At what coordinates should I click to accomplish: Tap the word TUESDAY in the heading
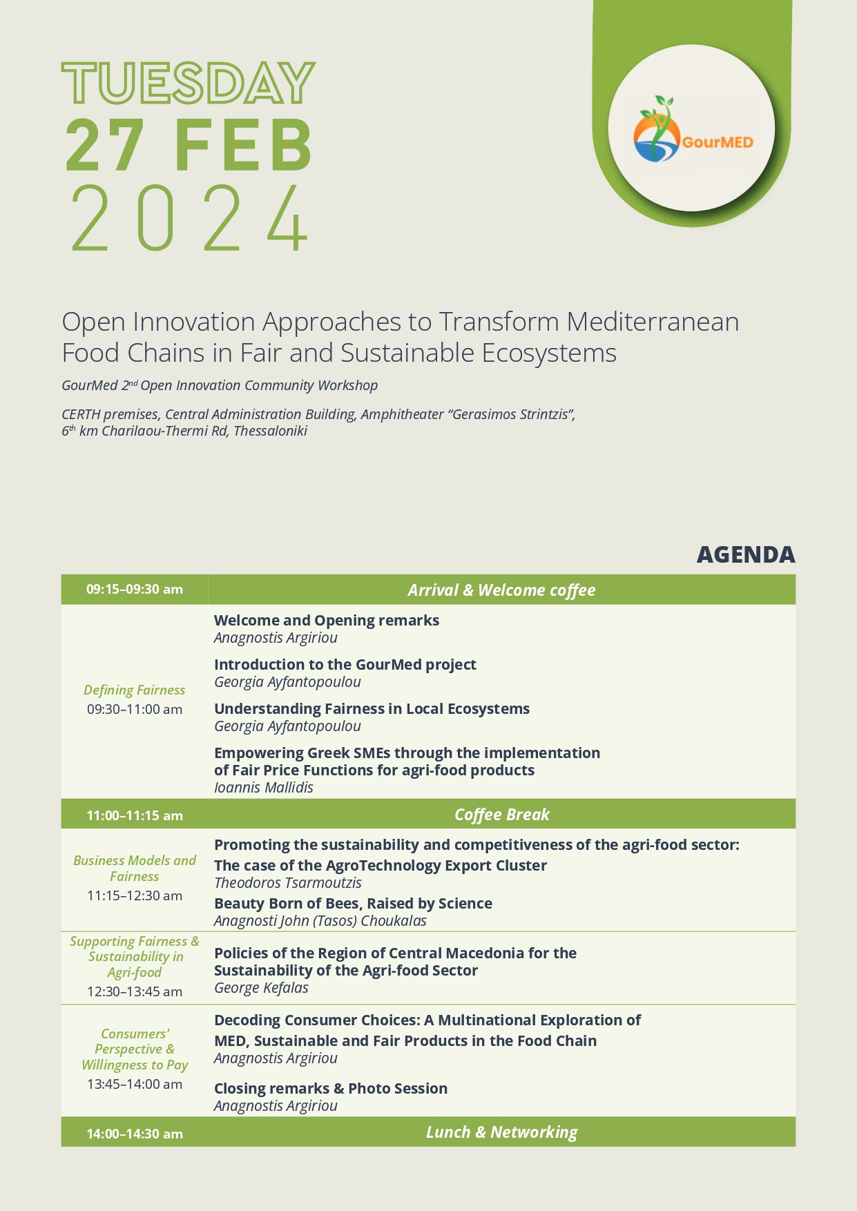pyautogui.click(x=189, y=84)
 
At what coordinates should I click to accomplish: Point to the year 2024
pyautogui.click(x=189, y=219)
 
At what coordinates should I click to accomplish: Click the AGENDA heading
pyautogui.click(x=745, y=554)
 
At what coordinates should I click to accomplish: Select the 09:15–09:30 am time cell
pyautogui.click(x=135, y=590)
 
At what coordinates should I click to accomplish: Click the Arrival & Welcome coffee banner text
pyautogui.click(x=501, y=590)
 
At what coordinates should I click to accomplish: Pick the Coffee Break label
pyautogui.click(x=501, y=815)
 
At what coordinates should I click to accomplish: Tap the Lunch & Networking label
pyautogui.click(x=501, y=1132)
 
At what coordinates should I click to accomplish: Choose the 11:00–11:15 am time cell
pyautogui.click(x=135, y=815)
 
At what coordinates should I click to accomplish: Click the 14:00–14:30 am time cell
pyautogui.click(x=135, y=1134)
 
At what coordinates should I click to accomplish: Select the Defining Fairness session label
pyautogui.click(x=135, y=690)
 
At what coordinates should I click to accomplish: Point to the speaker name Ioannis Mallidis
pyautogui.click(x=263, y=788)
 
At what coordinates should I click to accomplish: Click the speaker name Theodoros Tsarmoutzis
pyautogui.click(x=288, y=883)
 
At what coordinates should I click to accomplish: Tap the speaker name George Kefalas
pyautogui.click(x=261, y=988)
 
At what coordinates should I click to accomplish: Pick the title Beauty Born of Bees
pyautogui.click(x=353, y=903)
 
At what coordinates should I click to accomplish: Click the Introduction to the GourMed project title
pyautogui.click(x=345, y=664)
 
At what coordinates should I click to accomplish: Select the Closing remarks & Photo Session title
pyautogui.click(x=331, y=1088)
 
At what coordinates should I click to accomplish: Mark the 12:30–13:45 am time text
pyautogui.click(x=135, y=991)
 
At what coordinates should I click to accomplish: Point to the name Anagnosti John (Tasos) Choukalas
pyautogui.click(x=320, y=921)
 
